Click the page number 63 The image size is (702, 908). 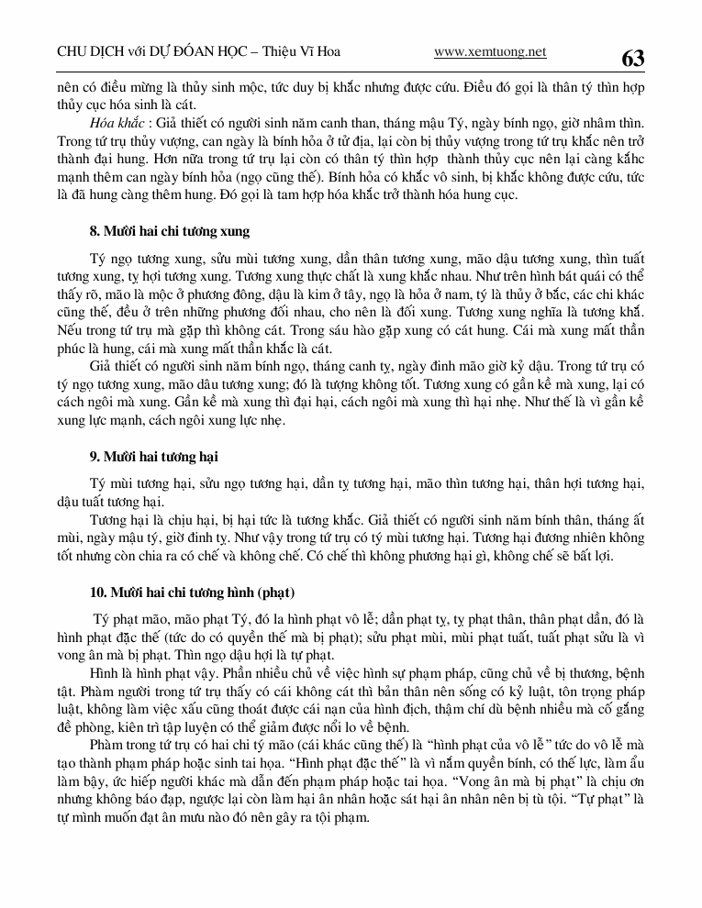point(633,59)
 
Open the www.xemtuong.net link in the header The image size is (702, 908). point(490,52)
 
